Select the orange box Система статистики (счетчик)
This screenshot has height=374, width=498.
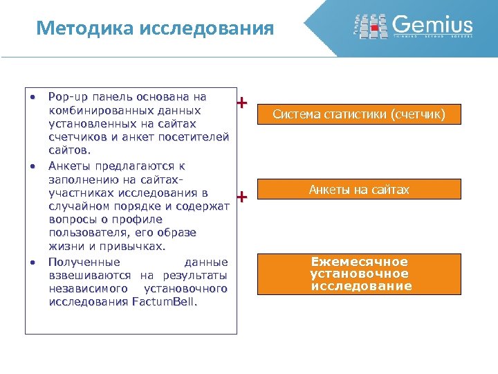(x=358, y=114)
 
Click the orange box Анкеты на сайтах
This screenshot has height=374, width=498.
(x=358, y=190)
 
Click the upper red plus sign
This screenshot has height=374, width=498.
(x=241, y=104)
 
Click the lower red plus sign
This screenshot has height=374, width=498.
(x=241, y=198)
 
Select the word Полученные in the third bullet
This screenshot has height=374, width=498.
(x=84, y=262)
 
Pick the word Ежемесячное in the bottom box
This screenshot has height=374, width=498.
(x=360, y=262)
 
